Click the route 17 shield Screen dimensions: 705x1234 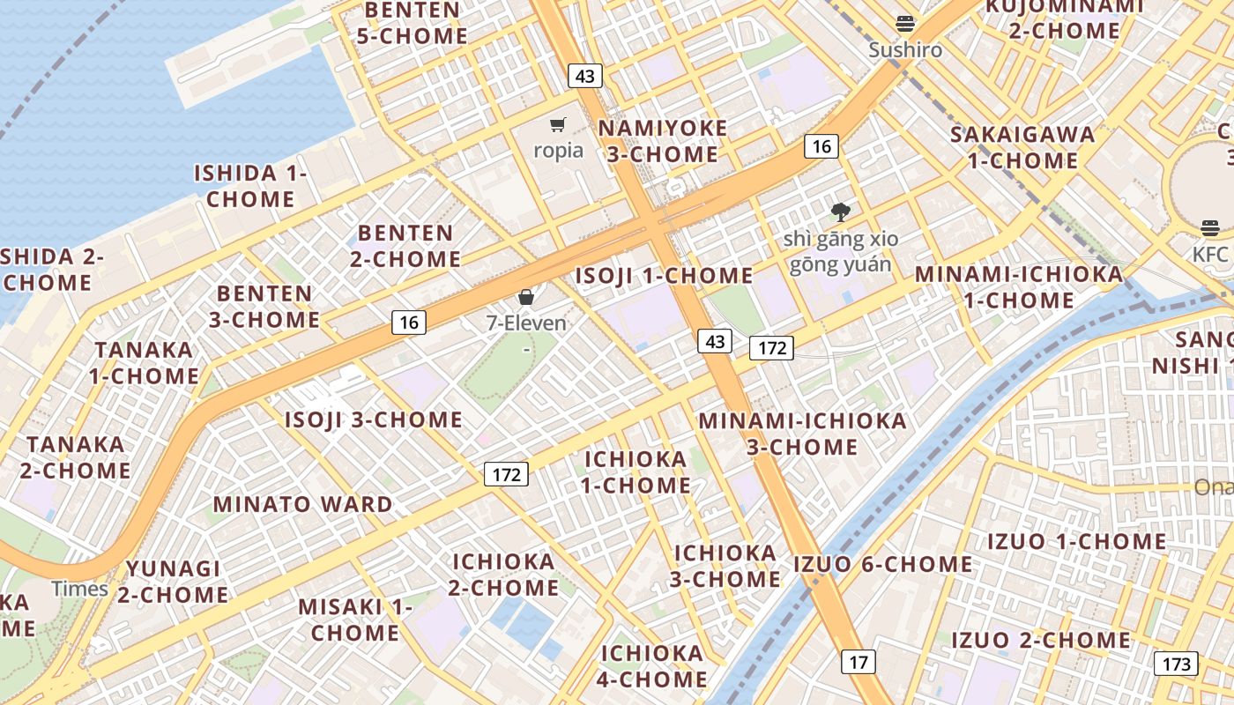click(859, 661)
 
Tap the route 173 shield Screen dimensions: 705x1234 click(1177, 664)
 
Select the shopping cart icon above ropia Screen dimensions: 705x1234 click(557, 125)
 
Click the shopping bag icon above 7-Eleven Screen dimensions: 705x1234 click(526, 297)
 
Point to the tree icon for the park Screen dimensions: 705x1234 click(840, 211)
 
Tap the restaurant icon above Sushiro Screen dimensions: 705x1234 click(905, 24)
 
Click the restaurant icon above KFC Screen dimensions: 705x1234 click(1209, 228)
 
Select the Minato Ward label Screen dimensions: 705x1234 click(302, 505)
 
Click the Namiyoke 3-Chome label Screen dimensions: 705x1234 click(663, 141)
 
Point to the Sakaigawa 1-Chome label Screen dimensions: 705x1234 click(1022, 147)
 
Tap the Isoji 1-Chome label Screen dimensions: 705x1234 click(664, 276)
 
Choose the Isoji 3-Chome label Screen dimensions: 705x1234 click(374, 419)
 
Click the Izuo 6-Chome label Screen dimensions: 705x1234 click(882, 564)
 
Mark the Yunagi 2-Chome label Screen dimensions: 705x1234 click(173, 582)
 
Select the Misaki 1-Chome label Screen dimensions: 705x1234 click(355, 620)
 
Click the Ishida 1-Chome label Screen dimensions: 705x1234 click(250, 186)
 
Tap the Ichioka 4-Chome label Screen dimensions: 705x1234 click(653, 666)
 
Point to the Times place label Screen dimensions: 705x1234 click(79, 589)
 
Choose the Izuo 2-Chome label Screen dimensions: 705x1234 click(1040, 640)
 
